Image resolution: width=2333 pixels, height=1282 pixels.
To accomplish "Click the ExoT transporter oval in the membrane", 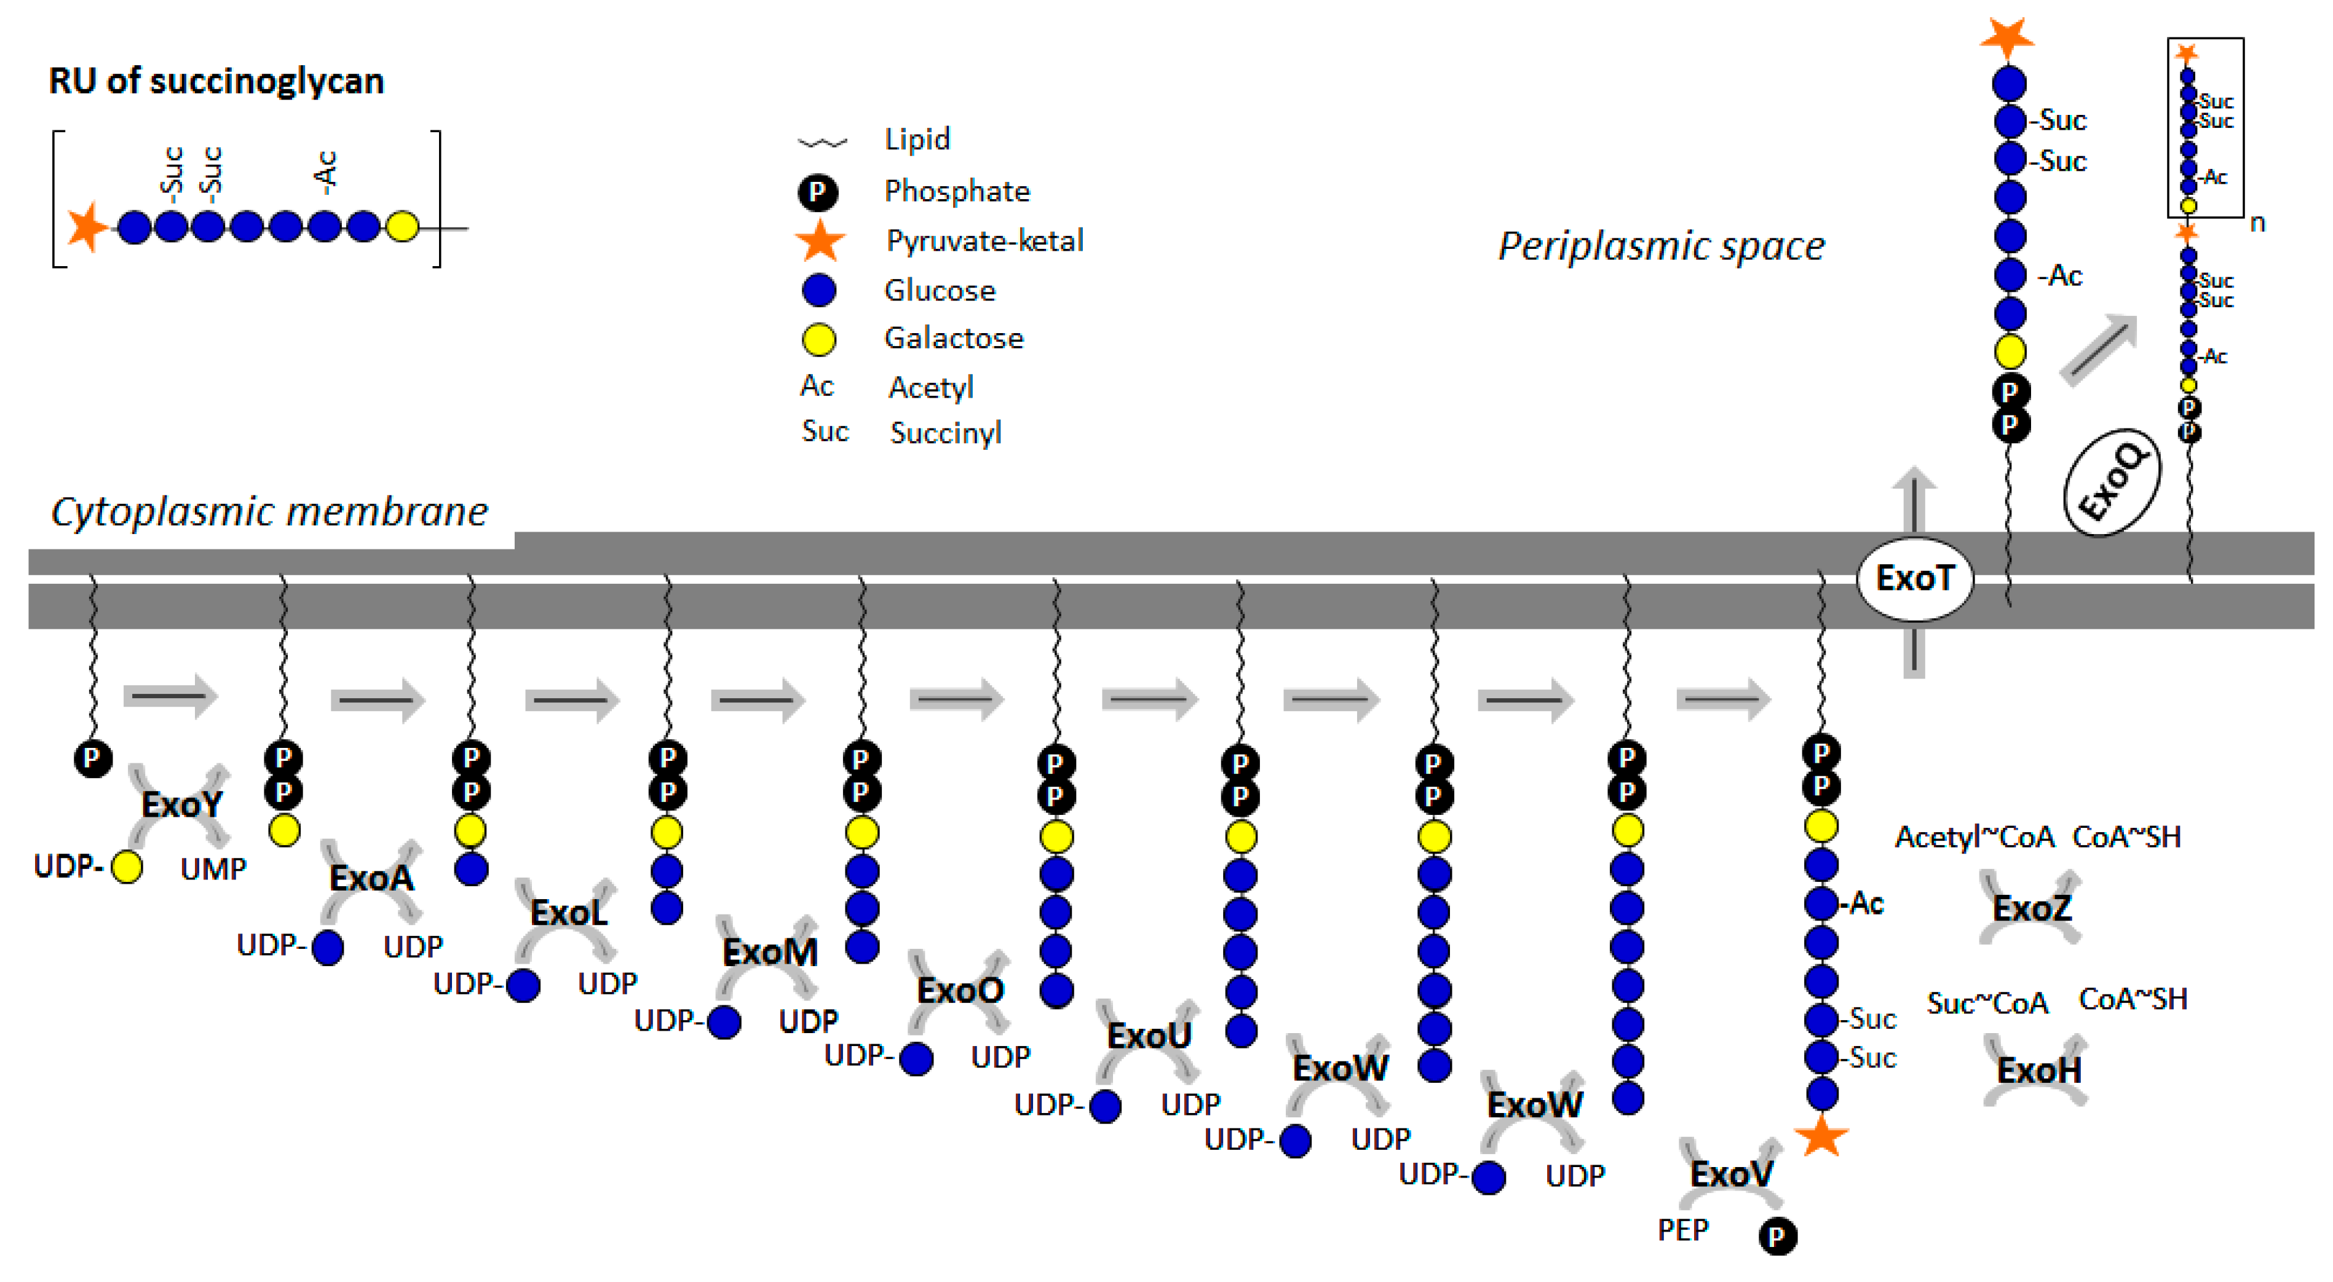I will (1914, 578).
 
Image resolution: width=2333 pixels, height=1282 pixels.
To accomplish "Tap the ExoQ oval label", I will (2111, 482).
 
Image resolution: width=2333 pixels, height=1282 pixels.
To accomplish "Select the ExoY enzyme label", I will (181, 804).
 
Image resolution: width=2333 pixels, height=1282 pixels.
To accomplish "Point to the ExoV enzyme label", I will (1731, 1174).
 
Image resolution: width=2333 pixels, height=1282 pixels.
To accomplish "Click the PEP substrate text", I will (1683, 1230).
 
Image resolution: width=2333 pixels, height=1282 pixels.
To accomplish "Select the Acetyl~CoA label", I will (1975, 836).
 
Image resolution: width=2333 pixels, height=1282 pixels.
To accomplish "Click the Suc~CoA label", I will (1987, 1003).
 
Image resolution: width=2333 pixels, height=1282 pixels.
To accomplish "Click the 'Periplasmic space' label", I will (1661, 246).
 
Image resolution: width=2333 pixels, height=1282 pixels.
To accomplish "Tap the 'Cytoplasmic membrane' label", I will (269, 511).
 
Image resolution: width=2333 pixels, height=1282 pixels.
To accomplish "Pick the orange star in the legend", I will (820, 241).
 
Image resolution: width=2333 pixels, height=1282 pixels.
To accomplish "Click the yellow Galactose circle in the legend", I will (818, 339).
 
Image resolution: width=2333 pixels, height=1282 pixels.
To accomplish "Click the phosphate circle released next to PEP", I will (1777, 1236).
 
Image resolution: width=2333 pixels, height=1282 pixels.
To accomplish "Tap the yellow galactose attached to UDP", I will (127, 867).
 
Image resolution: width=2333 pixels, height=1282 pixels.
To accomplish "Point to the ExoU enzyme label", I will (1149, 1035).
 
